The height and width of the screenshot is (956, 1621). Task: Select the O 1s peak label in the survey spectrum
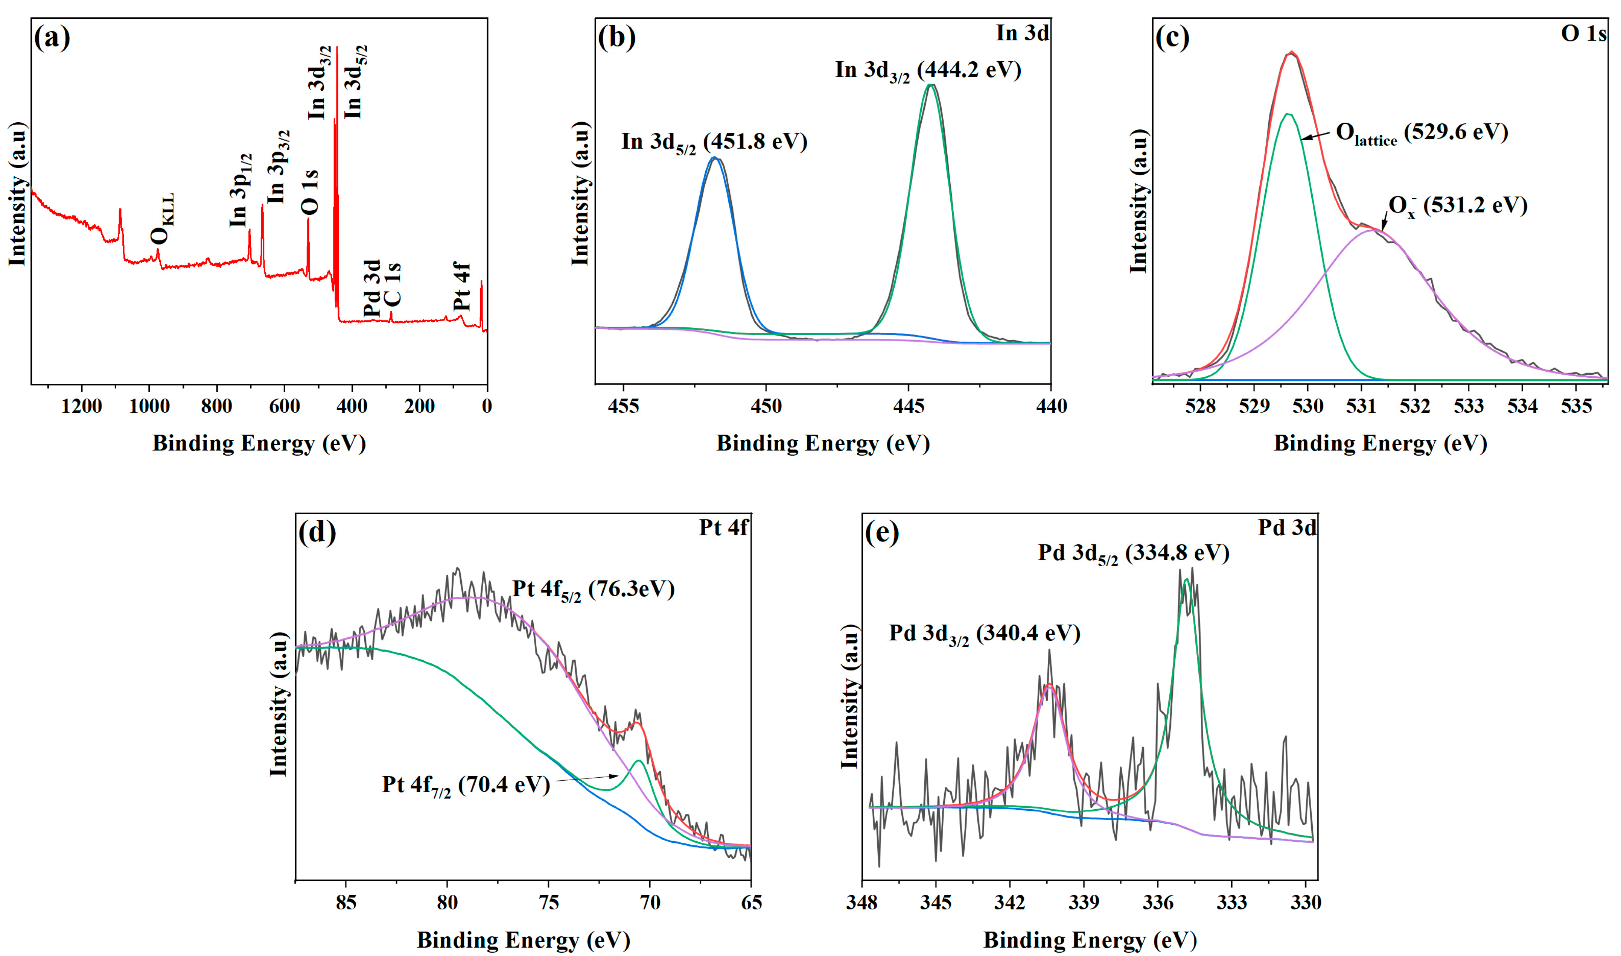coord(310,192)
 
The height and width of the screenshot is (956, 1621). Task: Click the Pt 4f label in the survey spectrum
coord(462,286)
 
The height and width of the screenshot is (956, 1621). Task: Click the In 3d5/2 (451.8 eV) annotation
coord(714,142)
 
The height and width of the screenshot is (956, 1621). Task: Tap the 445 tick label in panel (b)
coord(909,406)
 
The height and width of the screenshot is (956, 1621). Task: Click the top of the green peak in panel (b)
coord(929,85)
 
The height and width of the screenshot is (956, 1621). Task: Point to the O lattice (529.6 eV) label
coord(1421,133)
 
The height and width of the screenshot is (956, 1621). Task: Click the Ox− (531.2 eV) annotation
coord(1457,206)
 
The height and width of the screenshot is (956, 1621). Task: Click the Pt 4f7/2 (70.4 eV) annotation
coord(466,785)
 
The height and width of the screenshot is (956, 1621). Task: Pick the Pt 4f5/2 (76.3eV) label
coord(593,590)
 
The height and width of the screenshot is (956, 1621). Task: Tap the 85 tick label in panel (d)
coord(346,903)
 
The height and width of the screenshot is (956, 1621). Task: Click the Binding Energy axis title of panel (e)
coord(1090,940)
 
